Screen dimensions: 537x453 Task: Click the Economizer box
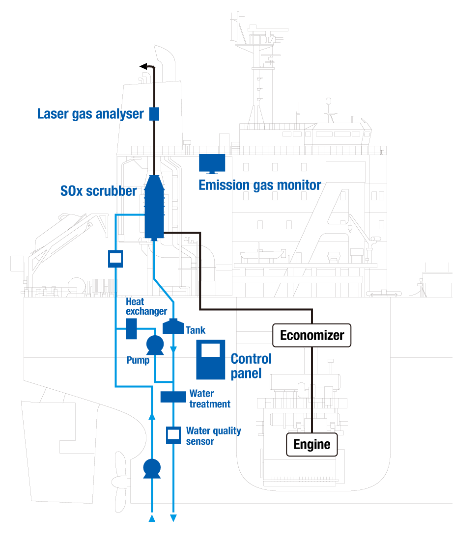(312, 336)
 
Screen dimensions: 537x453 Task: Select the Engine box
(312, 445)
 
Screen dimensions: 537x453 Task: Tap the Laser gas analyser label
(90, 114)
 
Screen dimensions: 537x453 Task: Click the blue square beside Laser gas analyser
(154, 114)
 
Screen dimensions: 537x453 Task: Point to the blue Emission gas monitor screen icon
(212, 163)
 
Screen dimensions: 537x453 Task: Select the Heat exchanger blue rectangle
(131, 328)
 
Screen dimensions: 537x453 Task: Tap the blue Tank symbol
(172, 325)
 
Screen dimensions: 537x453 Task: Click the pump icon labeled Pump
(155, 345)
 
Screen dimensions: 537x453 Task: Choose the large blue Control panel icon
(210, 359)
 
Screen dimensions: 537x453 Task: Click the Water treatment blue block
(172, 396)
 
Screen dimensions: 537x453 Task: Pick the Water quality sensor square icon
(172, 434)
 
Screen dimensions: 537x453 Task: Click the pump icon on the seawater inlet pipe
(152, 468)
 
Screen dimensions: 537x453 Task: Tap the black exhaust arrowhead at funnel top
(143, 66)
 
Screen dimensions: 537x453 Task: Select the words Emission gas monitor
(259, 186)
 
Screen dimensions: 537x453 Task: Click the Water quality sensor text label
(213, 436)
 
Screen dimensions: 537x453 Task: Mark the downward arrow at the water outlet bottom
(173, 517)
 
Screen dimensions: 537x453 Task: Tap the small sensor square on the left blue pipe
(115, 258)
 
